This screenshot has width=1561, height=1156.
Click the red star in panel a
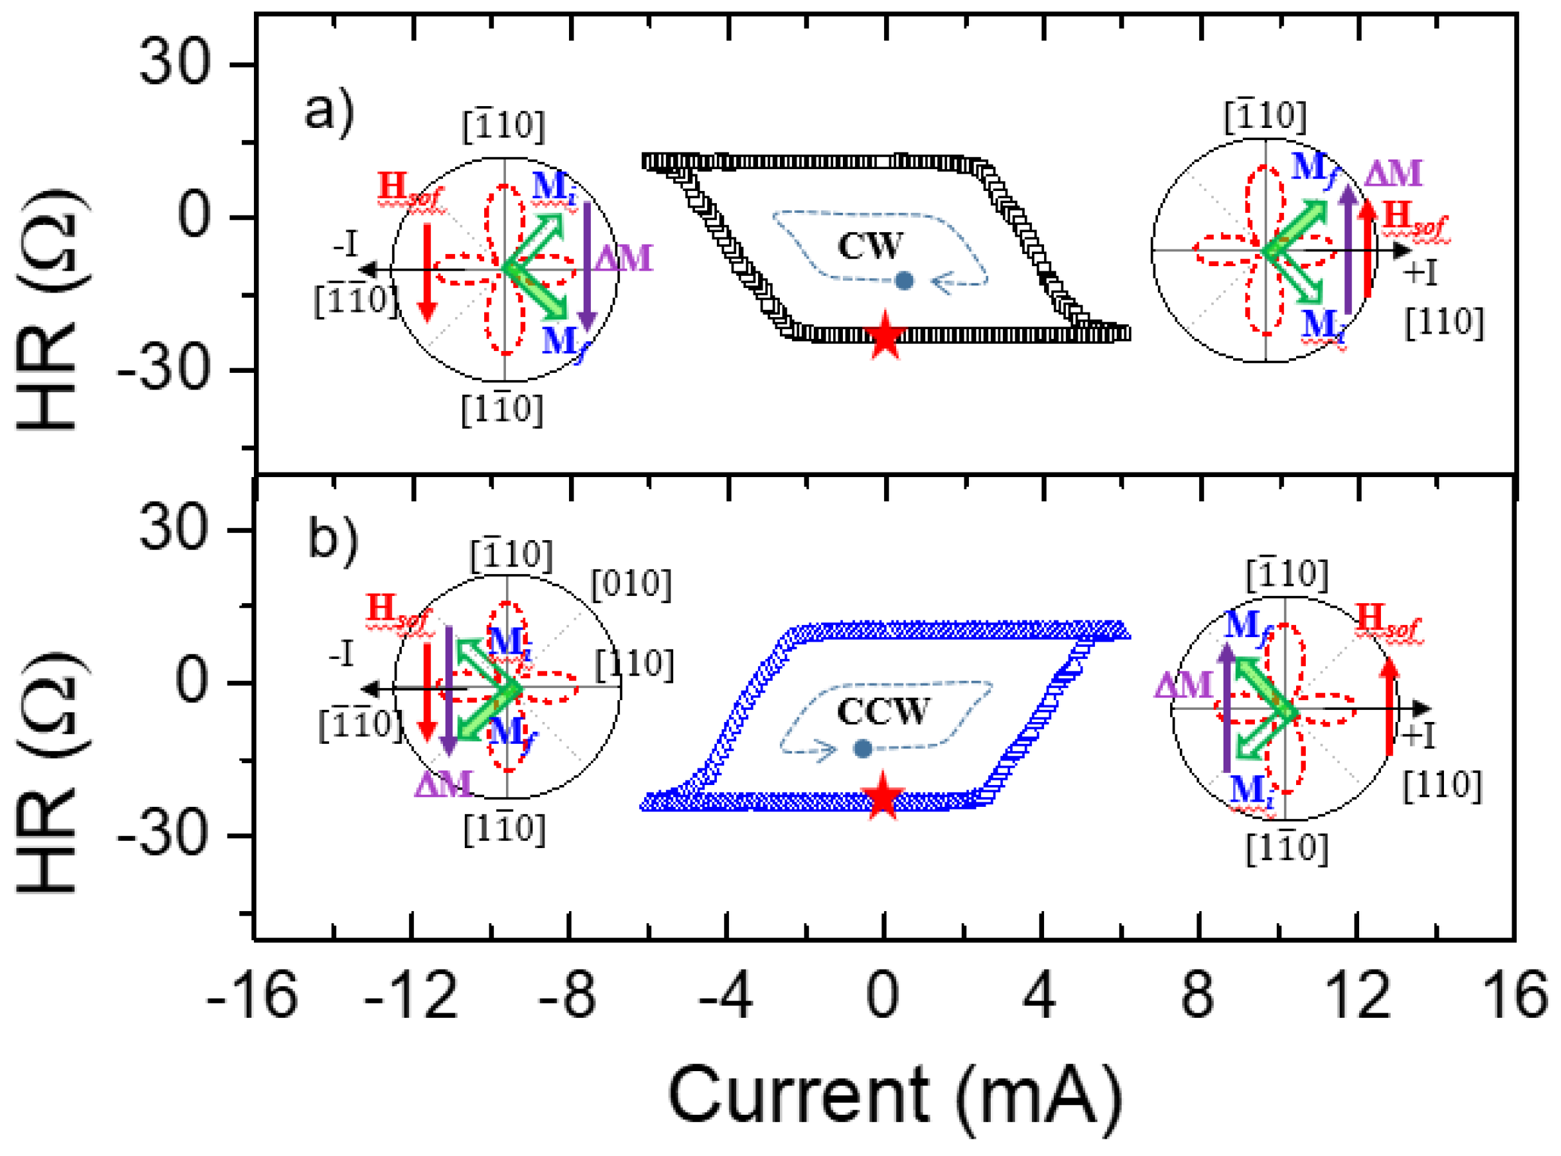886,336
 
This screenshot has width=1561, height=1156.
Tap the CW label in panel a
871,246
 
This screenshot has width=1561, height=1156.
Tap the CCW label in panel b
882,712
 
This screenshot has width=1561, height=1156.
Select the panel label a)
330,112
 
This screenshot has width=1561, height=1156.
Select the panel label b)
333,539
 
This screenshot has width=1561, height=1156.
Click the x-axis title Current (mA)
895,1095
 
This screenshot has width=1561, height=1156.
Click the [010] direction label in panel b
631,584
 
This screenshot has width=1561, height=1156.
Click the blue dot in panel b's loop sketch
863,749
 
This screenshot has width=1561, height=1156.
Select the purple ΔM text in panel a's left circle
624,258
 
